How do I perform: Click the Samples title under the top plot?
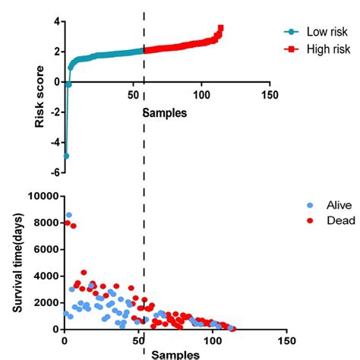tap(166, 112)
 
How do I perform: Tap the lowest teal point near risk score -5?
tap(66, 156)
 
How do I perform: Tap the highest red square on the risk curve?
tap(220, 28)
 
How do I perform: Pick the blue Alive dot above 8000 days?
tap(69, 215)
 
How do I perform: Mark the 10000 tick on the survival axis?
tap(42, 196)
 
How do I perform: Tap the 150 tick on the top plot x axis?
tap(269, 95)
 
